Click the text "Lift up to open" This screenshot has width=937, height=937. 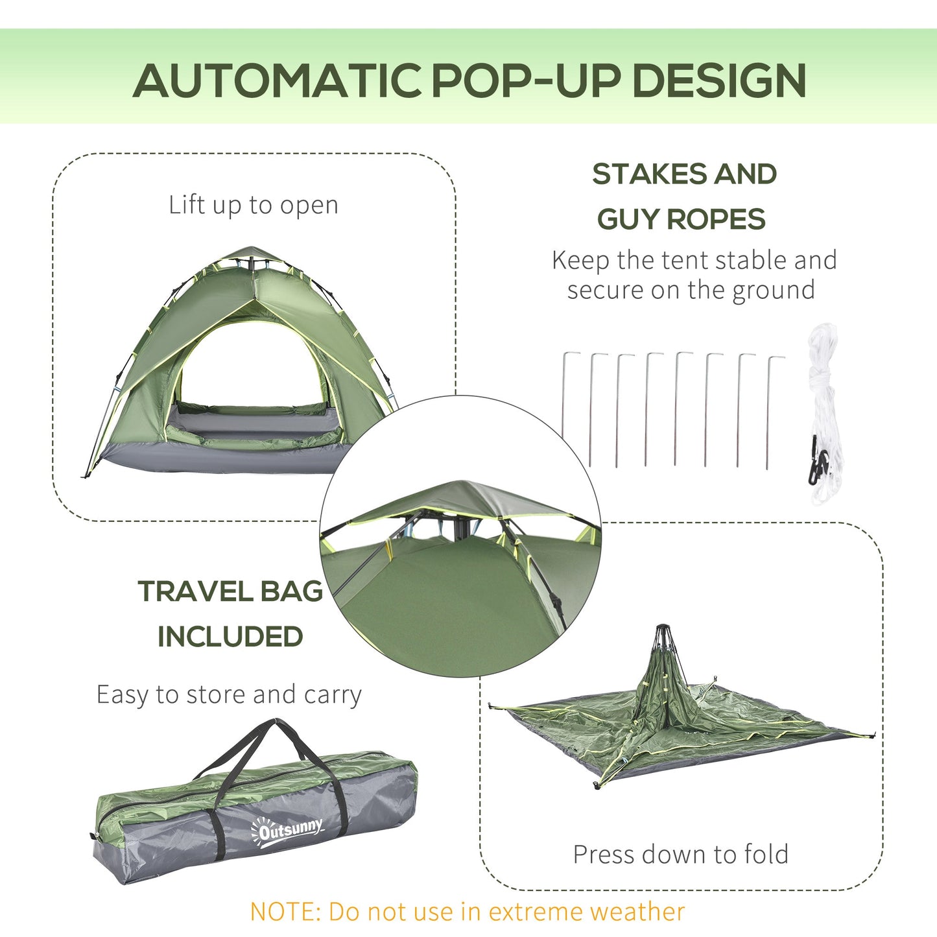[x=253, y=206]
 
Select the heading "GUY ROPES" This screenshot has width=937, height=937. [x=681, y=219]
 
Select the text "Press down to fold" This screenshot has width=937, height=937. [x=680, y=855]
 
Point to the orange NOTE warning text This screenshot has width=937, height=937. [x=467, y=911]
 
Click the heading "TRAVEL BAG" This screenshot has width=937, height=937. [x=230, y=591]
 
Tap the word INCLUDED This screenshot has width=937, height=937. [x=230, y=637]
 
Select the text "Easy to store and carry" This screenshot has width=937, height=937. [x=229, y=694]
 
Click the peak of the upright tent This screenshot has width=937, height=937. [x=253, y=250]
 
